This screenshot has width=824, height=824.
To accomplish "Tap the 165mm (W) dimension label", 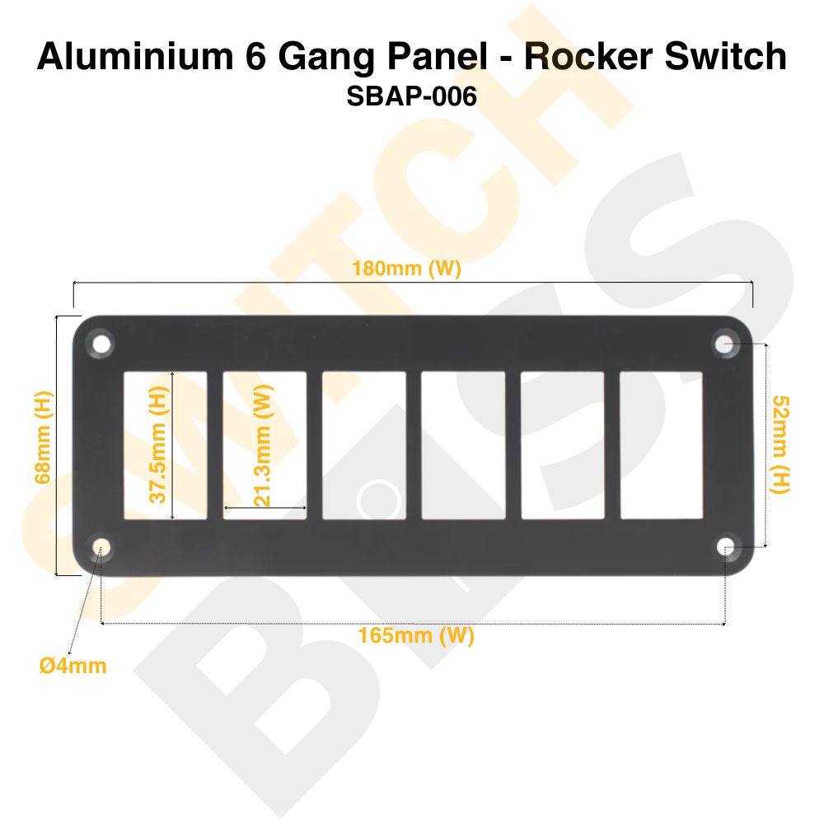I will point(416,636).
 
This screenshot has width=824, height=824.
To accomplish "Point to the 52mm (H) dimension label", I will point(780,445).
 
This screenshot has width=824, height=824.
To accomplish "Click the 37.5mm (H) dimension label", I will point(159,446).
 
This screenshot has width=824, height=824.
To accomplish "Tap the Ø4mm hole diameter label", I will point(73,665).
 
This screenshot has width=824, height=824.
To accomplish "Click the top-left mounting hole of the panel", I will point(101,344).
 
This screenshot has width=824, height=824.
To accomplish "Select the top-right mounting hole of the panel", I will point(725,344).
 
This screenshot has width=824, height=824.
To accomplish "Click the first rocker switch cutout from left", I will point(166,446).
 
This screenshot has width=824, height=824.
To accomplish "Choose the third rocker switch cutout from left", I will point(364,446).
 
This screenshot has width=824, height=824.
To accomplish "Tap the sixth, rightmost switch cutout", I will point(662,446).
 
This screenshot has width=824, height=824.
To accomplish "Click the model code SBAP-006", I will point(412,96).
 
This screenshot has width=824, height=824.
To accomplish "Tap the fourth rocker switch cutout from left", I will point(463,446).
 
